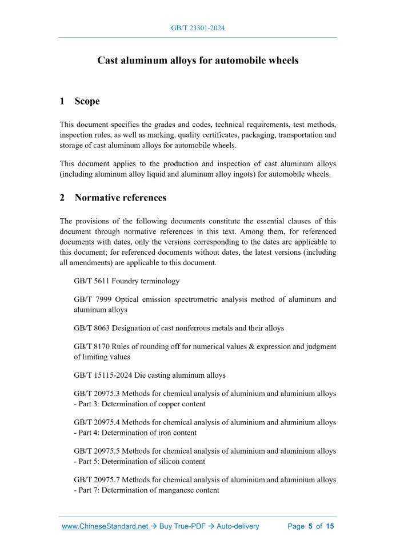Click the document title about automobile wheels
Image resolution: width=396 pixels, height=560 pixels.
(x=198, y=60)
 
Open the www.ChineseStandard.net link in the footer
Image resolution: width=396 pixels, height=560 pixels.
(x=105, y=526)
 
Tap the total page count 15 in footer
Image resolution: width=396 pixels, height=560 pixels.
(x=330, y=526)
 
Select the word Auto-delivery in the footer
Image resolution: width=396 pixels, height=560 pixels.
(x=238, y=526)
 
